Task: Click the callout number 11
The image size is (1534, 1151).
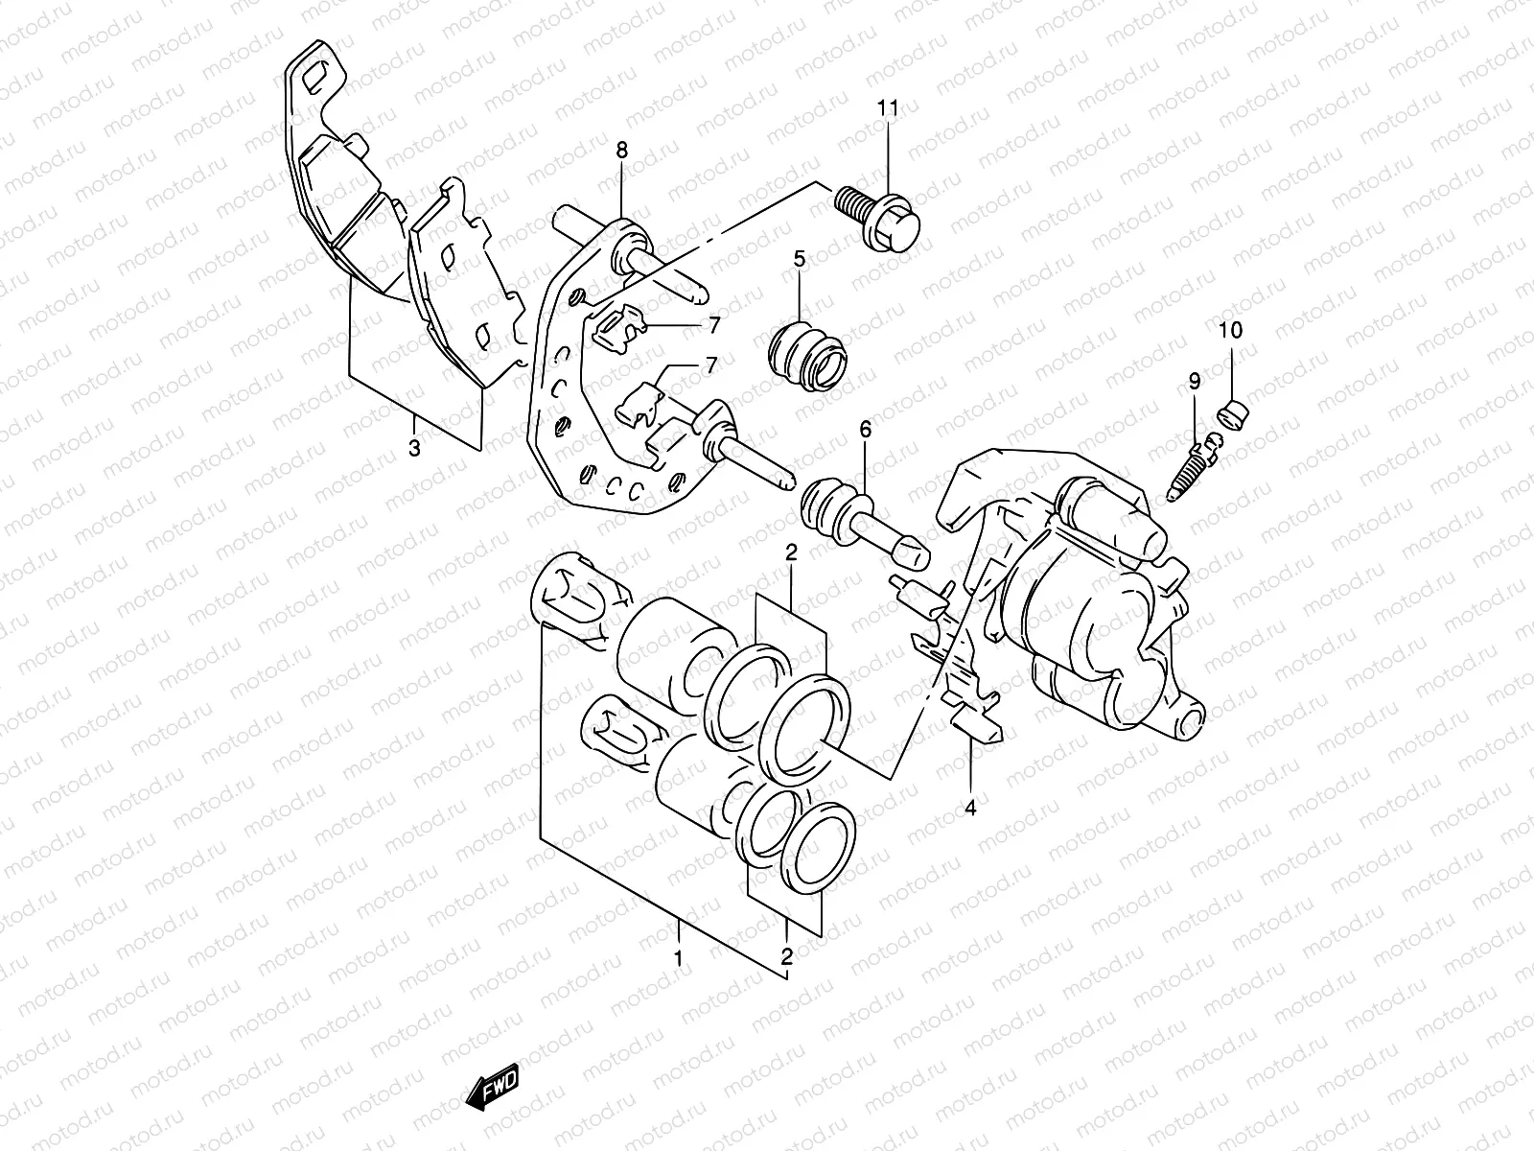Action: coord(888,109)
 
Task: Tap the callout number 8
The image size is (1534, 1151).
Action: coord(621,150)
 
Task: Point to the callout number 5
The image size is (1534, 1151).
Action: coord(799,258)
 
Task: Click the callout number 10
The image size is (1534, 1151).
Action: coord(1230,331)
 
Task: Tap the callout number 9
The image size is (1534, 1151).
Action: coord(1195,382)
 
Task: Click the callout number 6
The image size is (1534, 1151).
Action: coord(866,431)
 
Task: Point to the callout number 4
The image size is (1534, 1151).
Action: coord(970,809)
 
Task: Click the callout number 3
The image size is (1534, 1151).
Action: coord(414,447)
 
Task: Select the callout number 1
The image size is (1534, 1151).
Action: coord(678,957)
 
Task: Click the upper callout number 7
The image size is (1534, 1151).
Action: coord(711,325)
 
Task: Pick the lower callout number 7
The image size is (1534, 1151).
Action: coord(710,365)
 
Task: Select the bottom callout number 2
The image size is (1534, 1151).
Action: coord(786,956)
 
